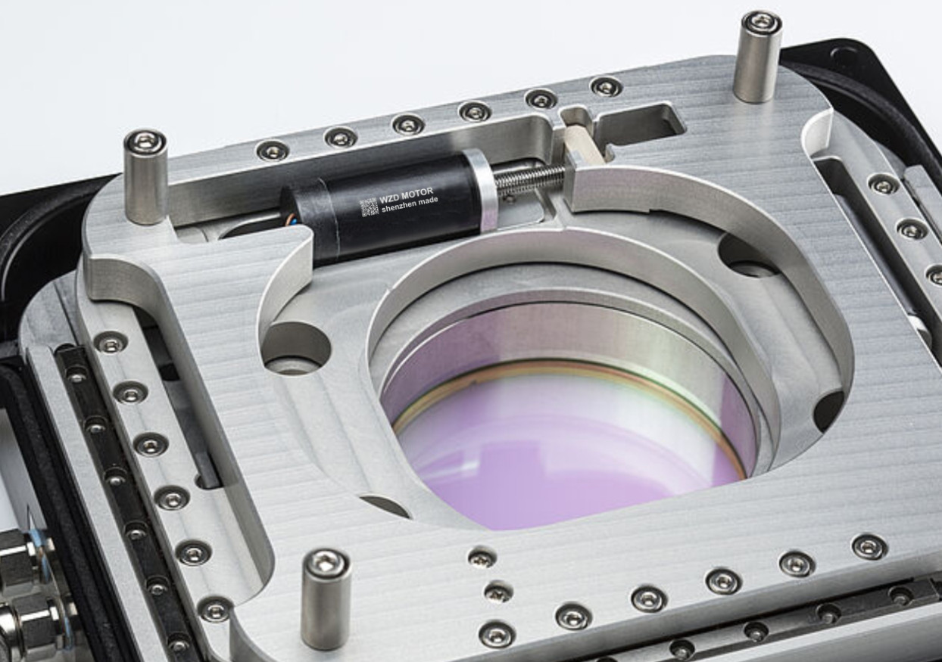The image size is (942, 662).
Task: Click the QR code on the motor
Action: [369, 207]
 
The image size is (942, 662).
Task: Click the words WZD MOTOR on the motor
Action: [406, 194]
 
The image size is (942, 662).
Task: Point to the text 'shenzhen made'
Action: [410, 204]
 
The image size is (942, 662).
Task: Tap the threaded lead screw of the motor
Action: [530, 176]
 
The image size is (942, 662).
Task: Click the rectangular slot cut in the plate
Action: [639, 122]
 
